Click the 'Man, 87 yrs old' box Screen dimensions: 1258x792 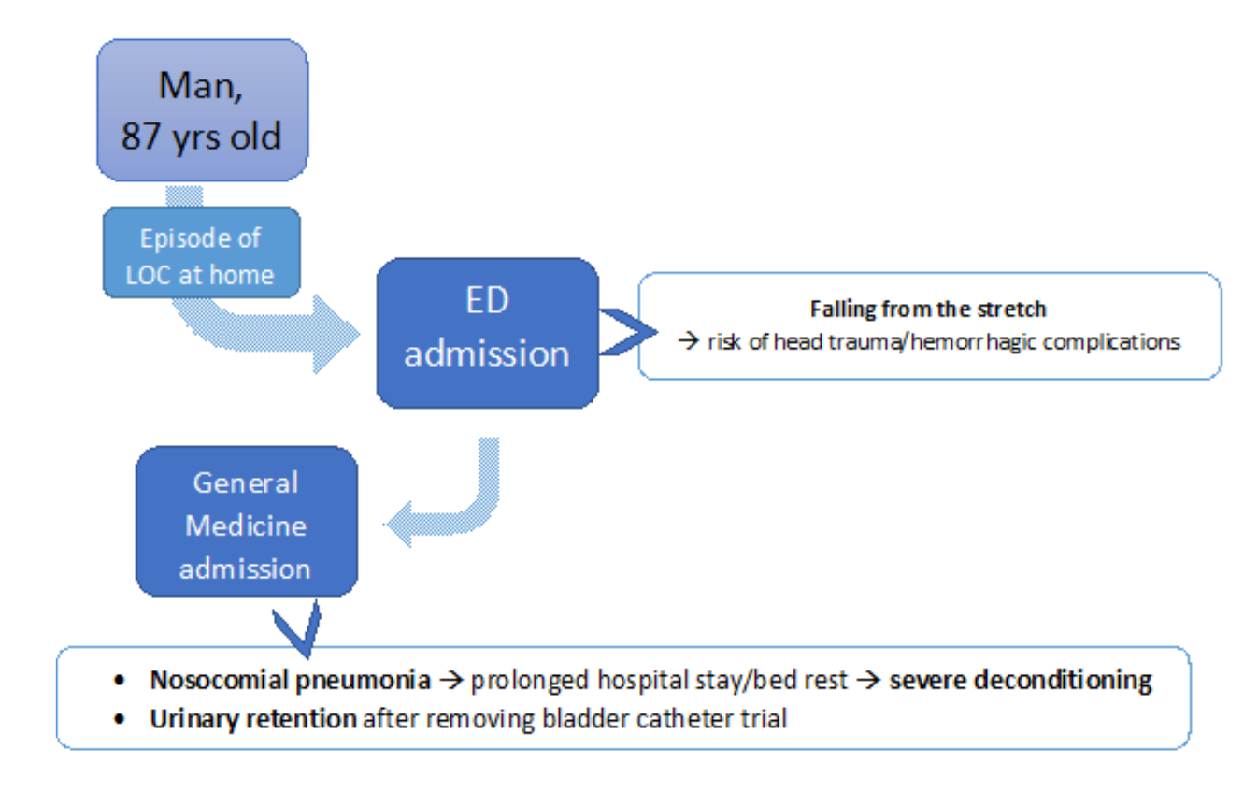(x=202, y=110)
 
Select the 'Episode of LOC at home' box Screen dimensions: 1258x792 (x=201, y=252)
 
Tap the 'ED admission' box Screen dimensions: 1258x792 (x=488, y=333)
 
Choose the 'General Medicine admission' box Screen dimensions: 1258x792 (x=247, y=521)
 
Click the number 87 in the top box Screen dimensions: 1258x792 (x=140, y=136)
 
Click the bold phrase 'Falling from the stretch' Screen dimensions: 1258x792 (x=928, y=309)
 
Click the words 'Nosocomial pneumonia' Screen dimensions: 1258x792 (x=291, y=680)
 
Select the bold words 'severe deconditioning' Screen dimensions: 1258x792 (x=1021, y=680)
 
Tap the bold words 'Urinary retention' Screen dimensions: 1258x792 (x=253, y=719)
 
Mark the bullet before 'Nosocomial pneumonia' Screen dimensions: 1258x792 (x=119, y=681)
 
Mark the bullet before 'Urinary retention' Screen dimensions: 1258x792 (x=119, y=719)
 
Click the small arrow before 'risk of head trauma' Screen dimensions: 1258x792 (x=689, y=341)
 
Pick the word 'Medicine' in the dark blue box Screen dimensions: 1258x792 (x=246, y=526)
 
